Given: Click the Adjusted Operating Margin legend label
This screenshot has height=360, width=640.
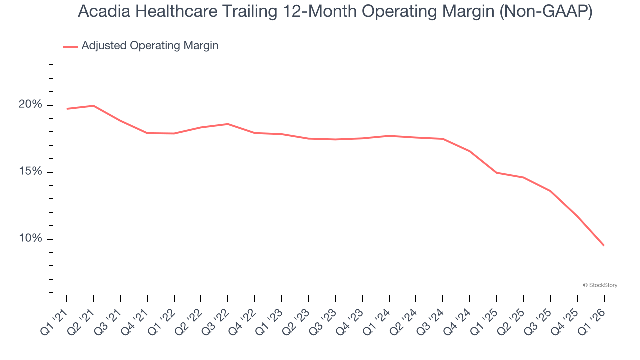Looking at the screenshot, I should click(150, 46).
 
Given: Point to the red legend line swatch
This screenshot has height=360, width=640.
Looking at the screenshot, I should click(70, 46).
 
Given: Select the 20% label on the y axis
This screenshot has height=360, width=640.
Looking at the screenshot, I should click(30, 105).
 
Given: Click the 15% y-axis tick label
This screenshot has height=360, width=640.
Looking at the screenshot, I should click(30, 172).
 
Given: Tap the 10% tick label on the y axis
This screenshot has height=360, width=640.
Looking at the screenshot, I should click(30, 239).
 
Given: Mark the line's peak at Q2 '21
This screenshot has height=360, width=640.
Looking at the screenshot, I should click(94, 106).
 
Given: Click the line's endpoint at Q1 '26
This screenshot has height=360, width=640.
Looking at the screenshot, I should click(604, 245).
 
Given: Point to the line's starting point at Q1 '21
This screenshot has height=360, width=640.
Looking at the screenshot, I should click(67, 109).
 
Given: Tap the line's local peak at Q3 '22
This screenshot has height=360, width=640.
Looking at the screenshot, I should click(228, 124).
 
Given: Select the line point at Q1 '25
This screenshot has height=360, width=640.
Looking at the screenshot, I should click(496, 173).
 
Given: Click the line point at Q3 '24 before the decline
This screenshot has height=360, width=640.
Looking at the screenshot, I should click(443, 139).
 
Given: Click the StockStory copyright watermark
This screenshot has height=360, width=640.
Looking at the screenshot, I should click(600, 285).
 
